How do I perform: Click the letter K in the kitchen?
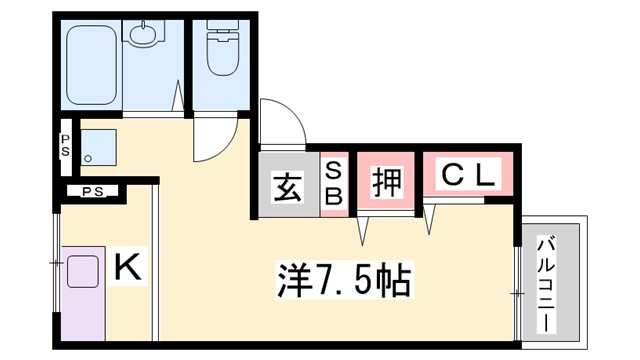tap(127, 267)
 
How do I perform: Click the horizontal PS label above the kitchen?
tap(92, 191)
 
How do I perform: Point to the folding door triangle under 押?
tap(366, 230)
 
